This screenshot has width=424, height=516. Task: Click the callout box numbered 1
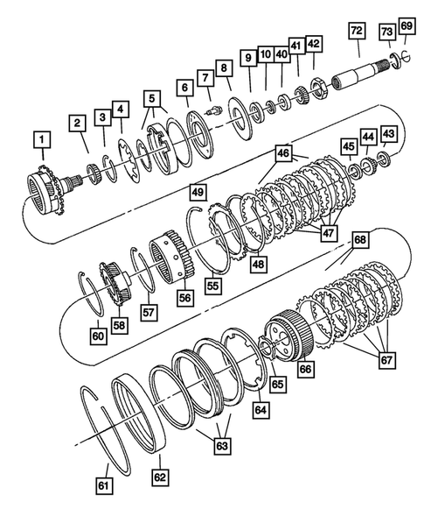pos(40,138)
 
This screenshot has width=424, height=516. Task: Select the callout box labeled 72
pos(355,31)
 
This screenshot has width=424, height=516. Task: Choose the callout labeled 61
pos(106,483)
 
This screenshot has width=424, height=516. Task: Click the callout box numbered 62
pos(160,477)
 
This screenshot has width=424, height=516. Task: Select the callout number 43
pos(388,132)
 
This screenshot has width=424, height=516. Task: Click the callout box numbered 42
pos(313,43)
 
